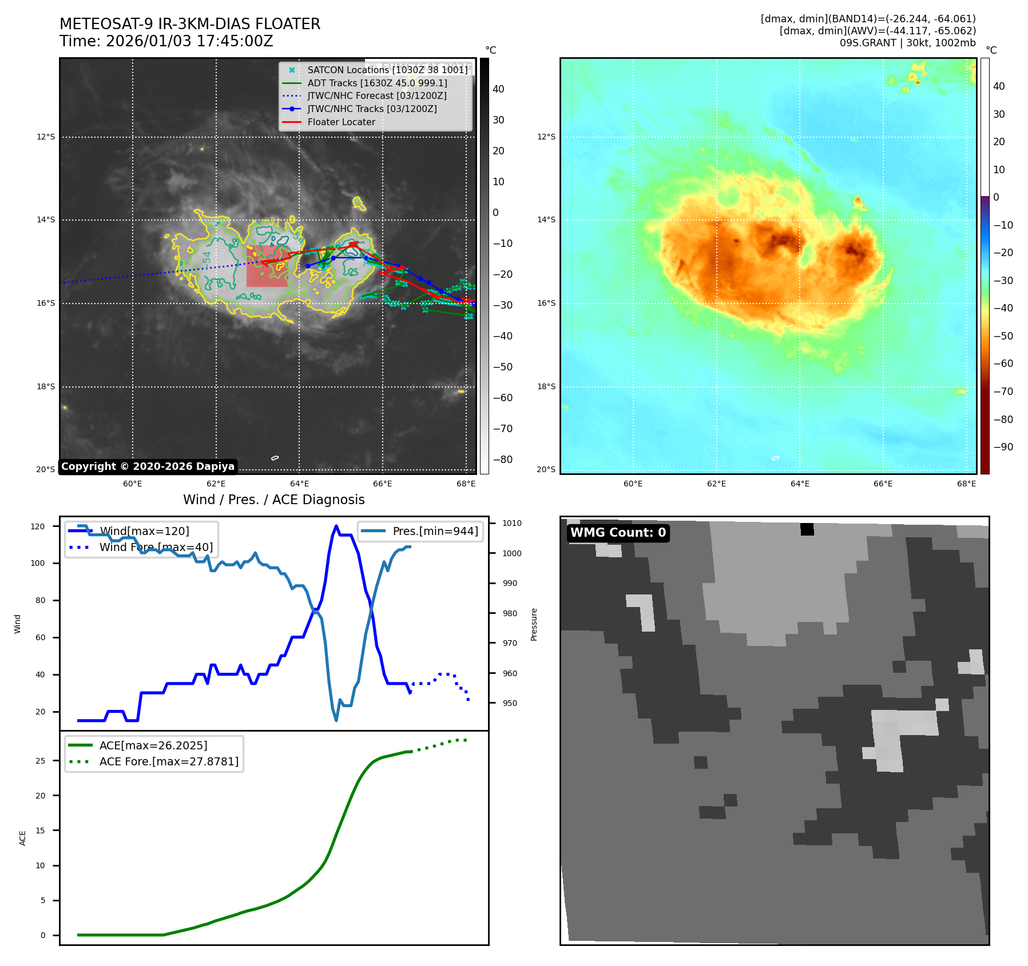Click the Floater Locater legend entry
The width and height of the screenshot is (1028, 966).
point(341,122)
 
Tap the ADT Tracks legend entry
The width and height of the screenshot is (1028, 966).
point(377,83)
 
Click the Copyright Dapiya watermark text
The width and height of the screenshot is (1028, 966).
point(148,466)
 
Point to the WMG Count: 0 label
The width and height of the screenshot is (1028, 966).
point(618,533)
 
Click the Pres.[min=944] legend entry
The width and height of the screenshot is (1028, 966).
point(435,531)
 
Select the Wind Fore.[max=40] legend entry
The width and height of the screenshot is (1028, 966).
point(156,547)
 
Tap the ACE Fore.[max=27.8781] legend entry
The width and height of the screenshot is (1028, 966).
point(169,761)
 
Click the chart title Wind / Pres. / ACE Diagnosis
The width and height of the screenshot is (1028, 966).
point(273,500)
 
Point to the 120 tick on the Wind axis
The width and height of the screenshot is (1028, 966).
point(38,526)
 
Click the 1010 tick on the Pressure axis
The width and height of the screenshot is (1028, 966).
point(512,523)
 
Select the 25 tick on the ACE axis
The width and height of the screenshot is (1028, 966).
point(40,761)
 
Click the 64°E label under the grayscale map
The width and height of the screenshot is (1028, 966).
point(299,484)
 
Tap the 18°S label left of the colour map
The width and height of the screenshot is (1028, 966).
point(546,386)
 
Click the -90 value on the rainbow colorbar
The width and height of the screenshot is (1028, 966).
point(1003,447)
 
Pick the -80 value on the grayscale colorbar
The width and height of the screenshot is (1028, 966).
point(502,460)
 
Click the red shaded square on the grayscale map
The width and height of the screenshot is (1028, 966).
point(267,266)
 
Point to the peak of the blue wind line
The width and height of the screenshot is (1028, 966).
point(336,526)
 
